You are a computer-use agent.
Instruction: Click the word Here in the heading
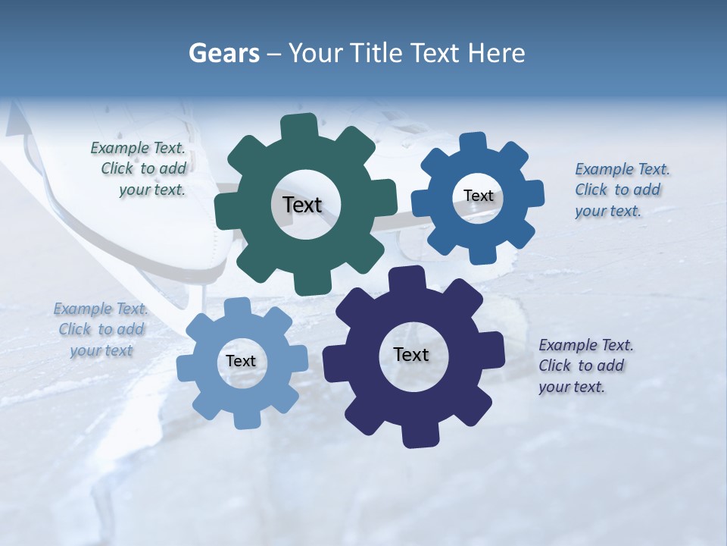496,53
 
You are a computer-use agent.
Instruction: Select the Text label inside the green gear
302,205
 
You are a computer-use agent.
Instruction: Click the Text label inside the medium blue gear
478,196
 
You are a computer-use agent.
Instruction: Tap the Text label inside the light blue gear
241,361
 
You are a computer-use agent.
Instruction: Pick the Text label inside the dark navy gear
411,354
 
